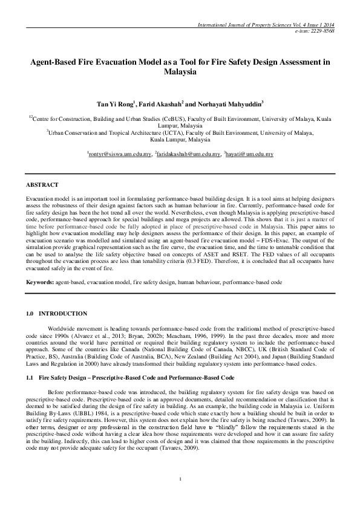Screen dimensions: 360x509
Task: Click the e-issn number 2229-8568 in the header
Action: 330,30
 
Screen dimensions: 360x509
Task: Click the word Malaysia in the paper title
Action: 180,71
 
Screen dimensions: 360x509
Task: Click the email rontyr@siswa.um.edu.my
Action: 120,155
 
